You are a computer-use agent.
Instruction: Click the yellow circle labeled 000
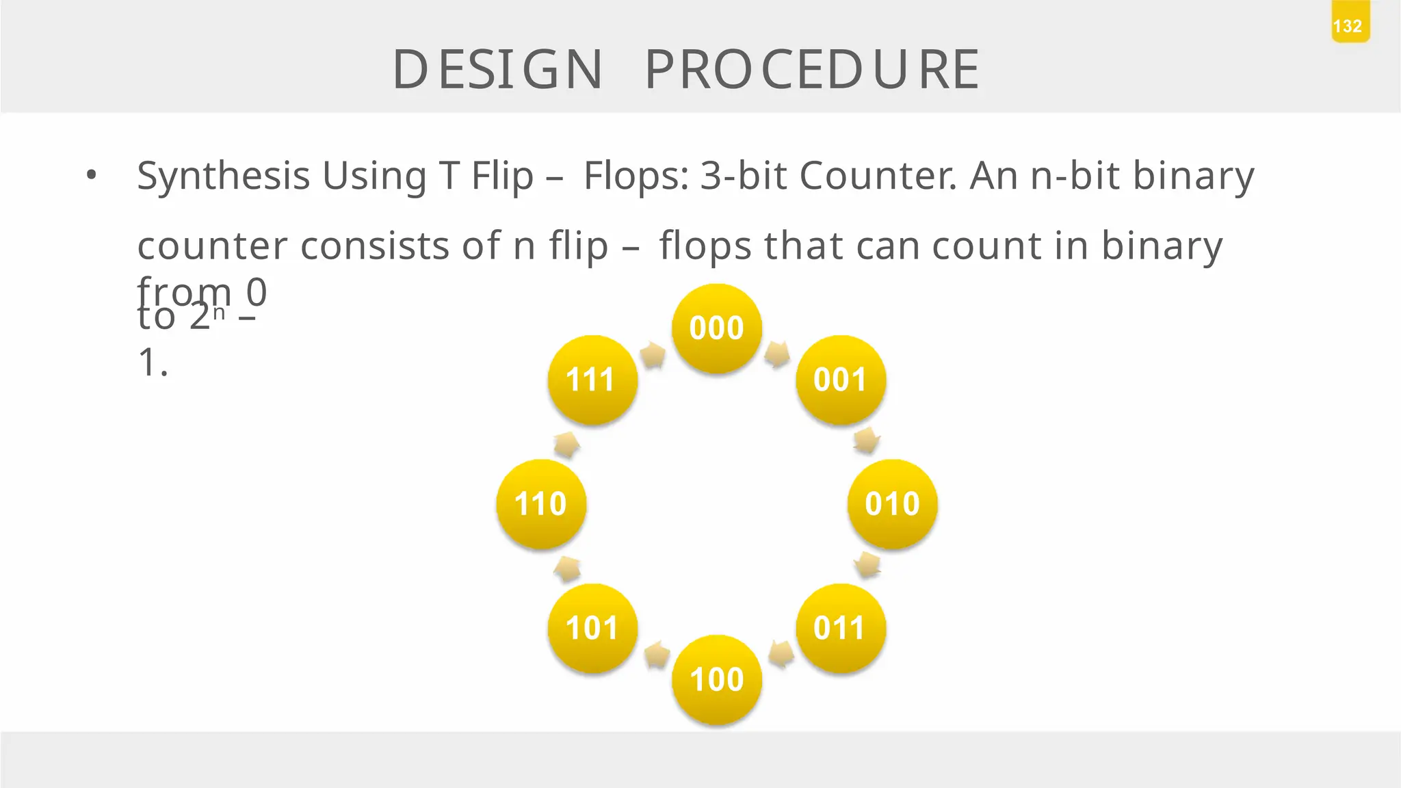pyautogui.click(x=717, y=328)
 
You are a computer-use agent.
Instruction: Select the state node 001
pyautogui.click(x=841, y=380)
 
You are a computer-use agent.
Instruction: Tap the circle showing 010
pyautogui.click(x=892, y=504)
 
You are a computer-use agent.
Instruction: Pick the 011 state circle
pyautogui.click(x=841, y=628)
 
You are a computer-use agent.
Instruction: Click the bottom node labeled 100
pyautogui.click(x=717, y=679)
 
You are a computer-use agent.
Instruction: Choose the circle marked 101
pyautogui.click(x=592, y=628)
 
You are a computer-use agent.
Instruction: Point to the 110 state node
pyautogui.click(x=541, y=504)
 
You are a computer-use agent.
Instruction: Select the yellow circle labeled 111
pyautogui.click(x=592, y=380)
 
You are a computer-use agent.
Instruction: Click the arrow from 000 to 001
pyautogui.click(x=778, y=354)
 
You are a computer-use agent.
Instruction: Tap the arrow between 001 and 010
pyautogui.click(x=867, y=441)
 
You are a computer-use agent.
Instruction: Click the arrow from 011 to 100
pyautogui.click(x=781, y=654)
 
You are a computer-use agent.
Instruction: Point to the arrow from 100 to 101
pyautogui.click(x=657, y=655)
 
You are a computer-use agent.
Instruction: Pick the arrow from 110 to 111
pyautogui.click(x=566, y=445)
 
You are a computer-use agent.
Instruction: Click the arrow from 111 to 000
pyautogui.click(x=653, y=355)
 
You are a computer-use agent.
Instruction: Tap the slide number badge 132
pyautogui.click(x=1350, y=26)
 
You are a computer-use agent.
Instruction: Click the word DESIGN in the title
pyautogui.click(x=497, y=70)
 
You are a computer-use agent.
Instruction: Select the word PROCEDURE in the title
pyautogui.click(x=812, y=70)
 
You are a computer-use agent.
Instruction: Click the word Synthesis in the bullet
pyautogui.click(x=224, y=176)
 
